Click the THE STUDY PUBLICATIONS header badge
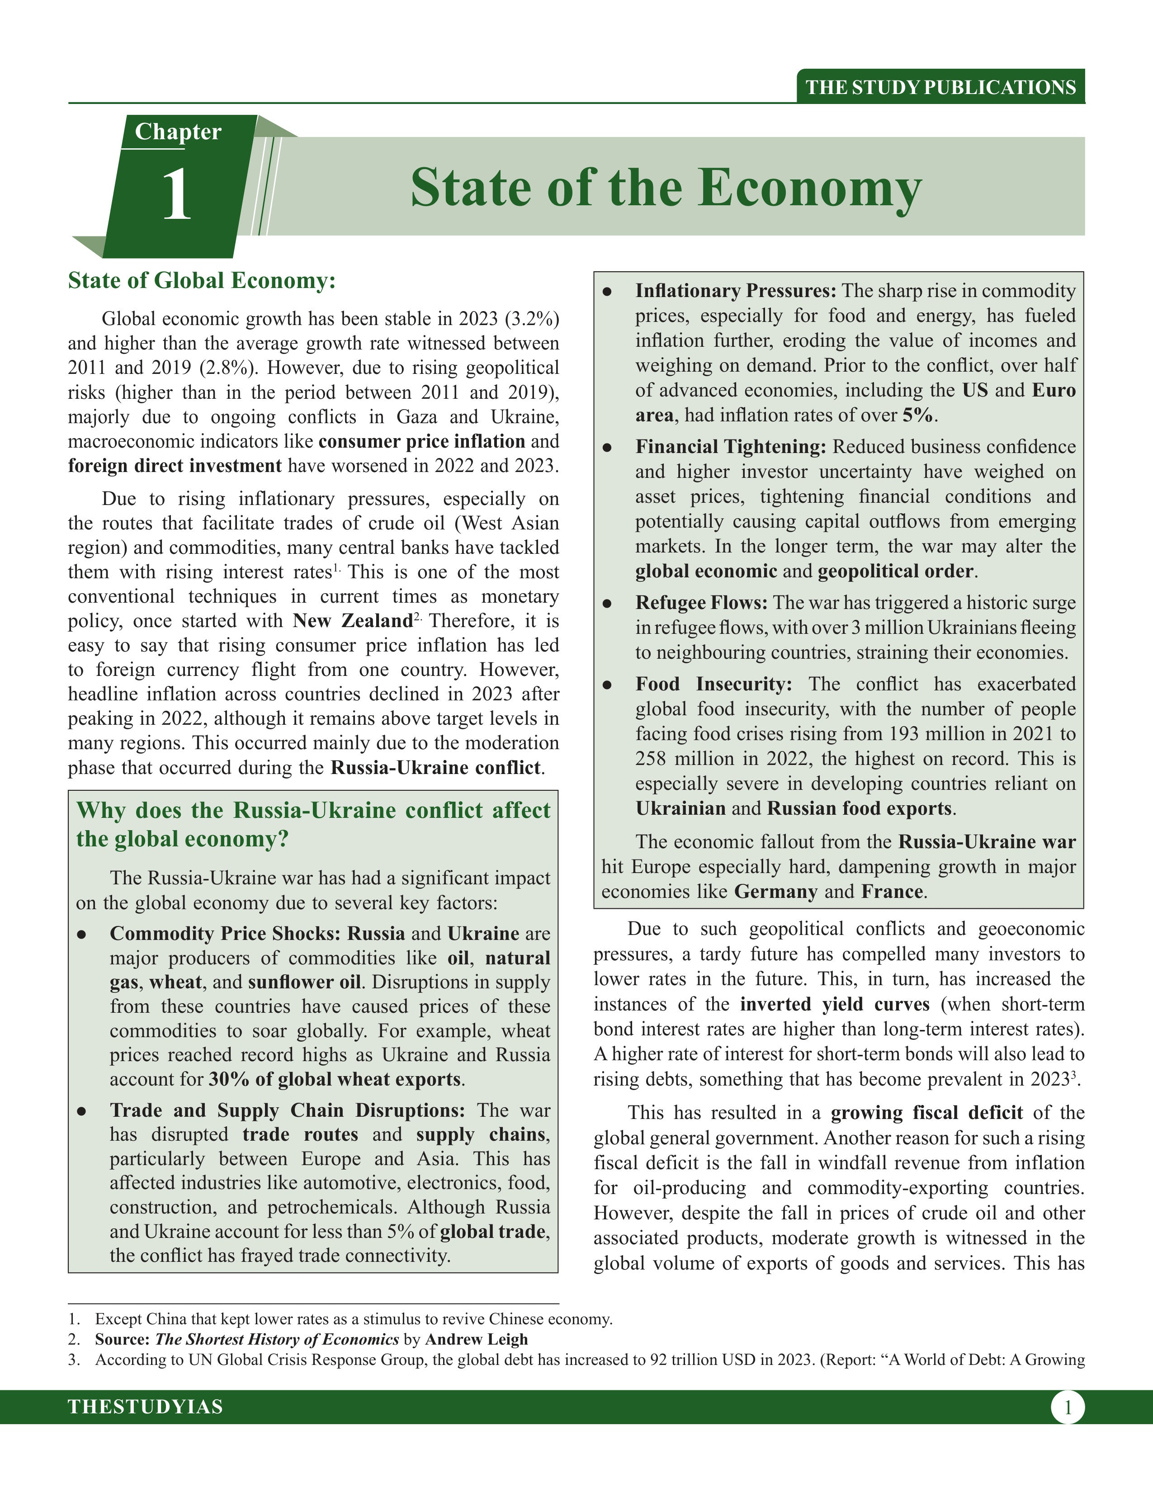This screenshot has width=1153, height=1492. pyautogui.click(x=940, y=87)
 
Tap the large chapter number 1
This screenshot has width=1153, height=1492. pyautogui.click(x=177, y=195)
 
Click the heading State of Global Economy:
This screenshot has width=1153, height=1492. pyautogui.click(x=202, y=281)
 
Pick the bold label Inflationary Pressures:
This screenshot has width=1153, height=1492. pyautogui.click(x=736, y=291)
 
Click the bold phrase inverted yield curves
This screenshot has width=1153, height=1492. pyautogui.click(x=834, y=1004)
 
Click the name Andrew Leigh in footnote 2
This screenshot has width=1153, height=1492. pyautogui.click(x=476, y=1339)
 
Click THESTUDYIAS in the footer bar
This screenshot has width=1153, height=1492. pyautogui.click(x=146, y=1407)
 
